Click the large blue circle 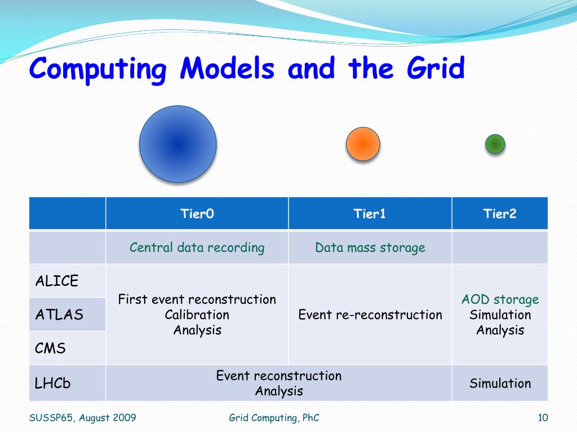(x=177, y=144)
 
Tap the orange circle (x=363, y=144)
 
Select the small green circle (x=495, y=144)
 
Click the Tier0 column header (x=197, y=213)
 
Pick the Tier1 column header (x=370, y=213)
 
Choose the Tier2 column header (x=500, y=213)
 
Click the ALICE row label (x=57, y=281)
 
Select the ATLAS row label (x=59, y=314)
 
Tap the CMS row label (x=50, y=348)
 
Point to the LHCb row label (x=52, y=383)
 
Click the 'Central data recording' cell (x=197, y=247)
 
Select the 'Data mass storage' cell (x=370, y=247)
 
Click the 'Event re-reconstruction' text (x=370, y=315)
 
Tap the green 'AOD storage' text (x=500, y=300)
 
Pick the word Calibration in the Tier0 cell (x=197, y=315)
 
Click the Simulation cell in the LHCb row (x=500, y=384)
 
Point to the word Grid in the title (x=436, y=68)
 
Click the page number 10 (x=543, y=418)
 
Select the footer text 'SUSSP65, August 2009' (x=82, y=418)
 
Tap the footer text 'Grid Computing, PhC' (x=274, y=418)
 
